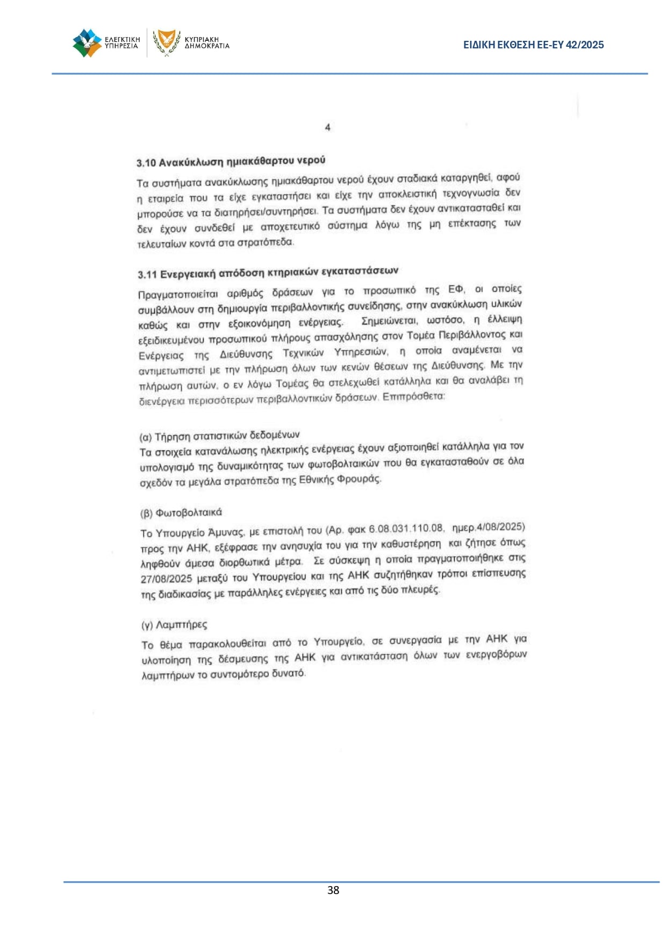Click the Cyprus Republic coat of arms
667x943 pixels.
[166, 42]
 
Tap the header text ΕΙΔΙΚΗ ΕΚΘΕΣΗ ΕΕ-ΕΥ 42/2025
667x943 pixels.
[533, 45]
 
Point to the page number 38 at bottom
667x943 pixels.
[333, 890]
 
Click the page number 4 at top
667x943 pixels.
[327, 127]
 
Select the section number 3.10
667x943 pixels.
[146, 163]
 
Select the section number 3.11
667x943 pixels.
[147, 275]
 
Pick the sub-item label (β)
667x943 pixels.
[146, 513]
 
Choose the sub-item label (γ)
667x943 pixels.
[147, 625]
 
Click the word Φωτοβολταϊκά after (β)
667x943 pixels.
[189, 513]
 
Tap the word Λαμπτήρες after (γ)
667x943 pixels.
[181, 625]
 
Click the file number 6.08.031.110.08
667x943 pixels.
[406, 529]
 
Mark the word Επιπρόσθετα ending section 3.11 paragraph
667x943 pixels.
[413, 397]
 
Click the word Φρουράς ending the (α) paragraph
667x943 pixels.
[359, 479]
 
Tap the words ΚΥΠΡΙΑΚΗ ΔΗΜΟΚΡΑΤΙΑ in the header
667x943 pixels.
[207, 43]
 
